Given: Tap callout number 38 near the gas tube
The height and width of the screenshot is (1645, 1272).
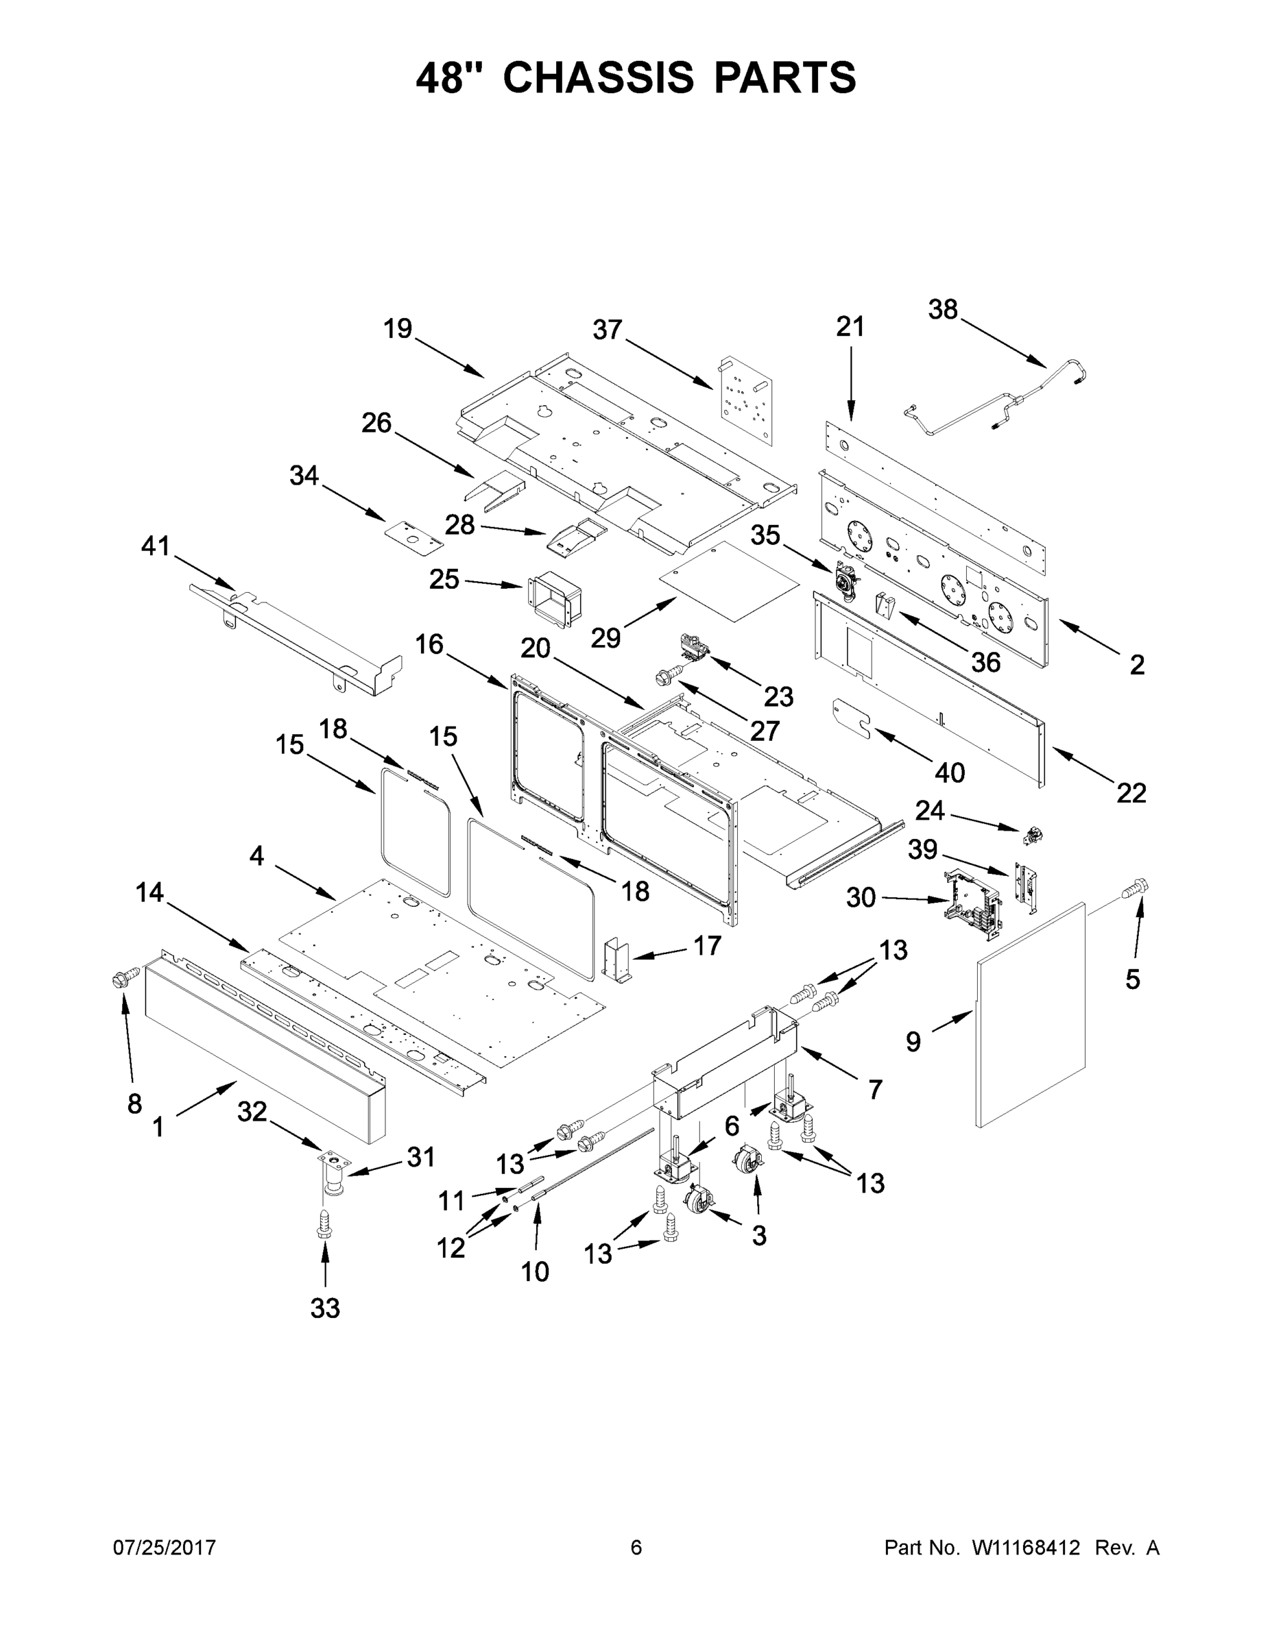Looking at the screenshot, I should tap(942, 310).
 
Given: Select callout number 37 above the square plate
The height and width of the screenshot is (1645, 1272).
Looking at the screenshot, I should tap(607, 330).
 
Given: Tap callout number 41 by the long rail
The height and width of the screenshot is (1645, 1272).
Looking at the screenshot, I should tap(155, 546).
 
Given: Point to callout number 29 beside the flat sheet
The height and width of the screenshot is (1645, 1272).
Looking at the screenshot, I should tap(606, 637).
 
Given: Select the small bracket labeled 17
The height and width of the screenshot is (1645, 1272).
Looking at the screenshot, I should tap(618, 961).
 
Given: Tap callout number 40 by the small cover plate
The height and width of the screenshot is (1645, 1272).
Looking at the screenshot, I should tap(950, 772).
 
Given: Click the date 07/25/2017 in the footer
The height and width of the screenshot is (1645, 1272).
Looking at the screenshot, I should tap(165, 1548).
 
